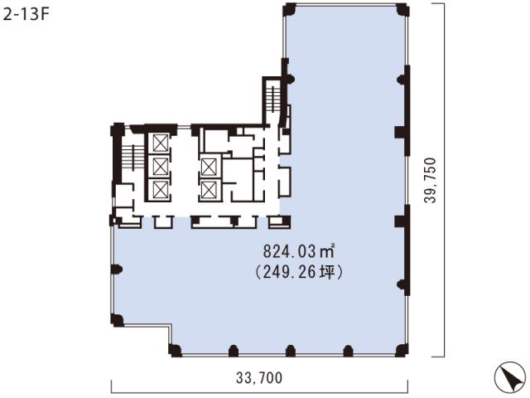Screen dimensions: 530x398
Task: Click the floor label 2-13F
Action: pyautogui.click(x=26, y=15)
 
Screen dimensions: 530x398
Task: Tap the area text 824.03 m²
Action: pyautogui.click(x=299, y=251)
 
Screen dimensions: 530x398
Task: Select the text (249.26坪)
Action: pyautogui.click(x=299, y=272)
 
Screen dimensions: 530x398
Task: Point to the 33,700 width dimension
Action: pyautogui.click(x=259, y=378)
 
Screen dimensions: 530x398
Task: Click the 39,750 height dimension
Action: pyautogui.click(x=431, y=180)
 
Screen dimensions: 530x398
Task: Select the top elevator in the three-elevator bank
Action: pyautogui.click(x=160, y=143)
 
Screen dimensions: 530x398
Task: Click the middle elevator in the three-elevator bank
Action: pyautogui.click(x=160, y=166)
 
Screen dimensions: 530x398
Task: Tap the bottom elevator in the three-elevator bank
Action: pyautogui.click(x=160, y=190)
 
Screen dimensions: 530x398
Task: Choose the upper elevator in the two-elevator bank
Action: pyautogui.click(x=209, y=167)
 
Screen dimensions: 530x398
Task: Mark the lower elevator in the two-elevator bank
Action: pyautogui.click(x=209, y=190)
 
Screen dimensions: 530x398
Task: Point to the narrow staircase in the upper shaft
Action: pyautogui.click(x=272, y=98)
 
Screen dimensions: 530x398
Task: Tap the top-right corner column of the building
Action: pyautogui.click(x=402, y=10)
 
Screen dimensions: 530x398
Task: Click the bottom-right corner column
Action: pyautogui.click(x=402, y=351)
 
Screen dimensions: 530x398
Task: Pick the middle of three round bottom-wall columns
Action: pyautogui.click(x=291, y=351)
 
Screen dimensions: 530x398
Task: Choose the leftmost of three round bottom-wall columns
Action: pyautogui.click(x=234, y=351)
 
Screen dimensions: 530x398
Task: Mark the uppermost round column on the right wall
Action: pyautogui.click(x=402, y=80)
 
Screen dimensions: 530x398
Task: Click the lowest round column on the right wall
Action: pyautogui.click(x=402, y=284)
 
